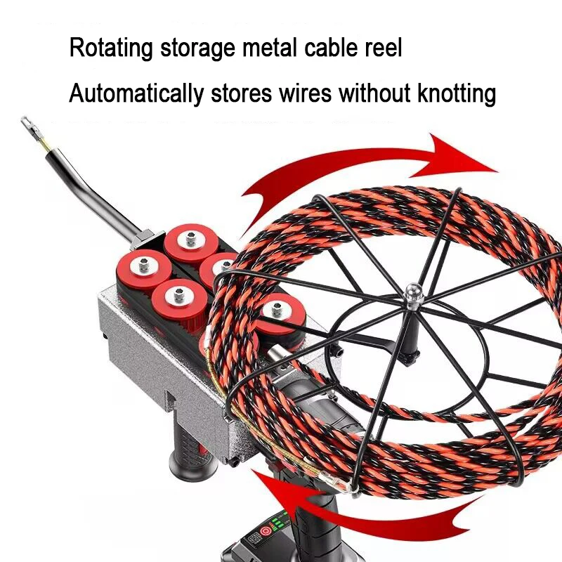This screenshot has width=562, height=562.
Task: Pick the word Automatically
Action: [x=136, y=93]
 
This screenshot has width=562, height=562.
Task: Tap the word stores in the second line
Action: [x=236, y=93]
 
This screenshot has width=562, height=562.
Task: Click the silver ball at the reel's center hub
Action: [x=412, y=289]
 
